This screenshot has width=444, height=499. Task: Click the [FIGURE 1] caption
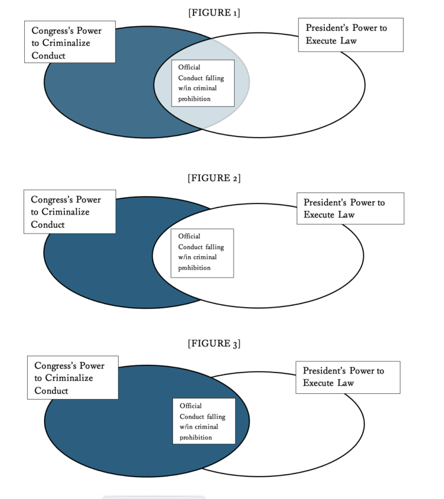pyautogui.click(x=214, y=13)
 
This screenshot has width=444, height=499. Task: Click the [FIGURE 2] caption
pyautogui.click(x=214, y=178)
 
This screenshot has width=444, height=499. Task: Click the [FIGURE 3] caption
pyautogui.click(x=214, y=343)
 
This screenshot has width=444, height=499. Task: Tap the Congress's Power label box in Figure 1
pyautogui.click(x=69, y=42)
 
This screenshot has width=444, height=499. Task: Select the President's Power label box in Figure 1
pyautogui.click(x=350, y=35)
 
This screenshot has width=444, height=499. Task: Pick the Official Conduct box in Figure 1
pyautogui.click(x=203, y=83)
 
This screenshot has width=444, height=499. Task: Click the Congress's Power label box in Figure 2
pyautogui.click(x=69, y=212)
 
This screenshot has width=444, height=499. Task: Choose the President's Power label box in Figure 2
pyautogui.click(x=350, y=209)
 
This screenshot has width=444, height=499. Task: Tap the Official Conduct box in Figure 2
pyautogui.click(x=202, y=253)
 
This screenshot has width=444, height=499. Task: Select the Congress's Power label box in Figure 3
pyautogui.click(x=72, y=378)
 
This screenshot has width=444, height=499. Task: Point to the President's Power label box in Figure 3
pyautogui.click(x=347, y=377)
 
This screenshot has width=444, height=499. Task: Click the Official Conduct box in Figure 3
pyautogui.click(x=203, y=421)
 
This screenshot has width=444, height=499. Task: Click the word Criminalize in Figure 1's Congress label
pyautogui.click(x=65, y=43)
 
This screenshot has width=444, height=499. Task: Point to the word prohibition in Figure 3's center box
pyautogui.click(x=195, y=438)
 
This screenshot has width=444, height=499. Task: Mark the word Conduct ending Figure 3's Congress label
pyautogui.click(x=51, y=391)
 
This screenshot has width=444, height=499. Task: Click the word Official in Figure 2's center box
pyautogui.click(x=189, y=236)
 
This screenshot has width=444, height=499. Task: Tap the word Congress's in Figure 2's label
pyautogui.click(x=53, y=199)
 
